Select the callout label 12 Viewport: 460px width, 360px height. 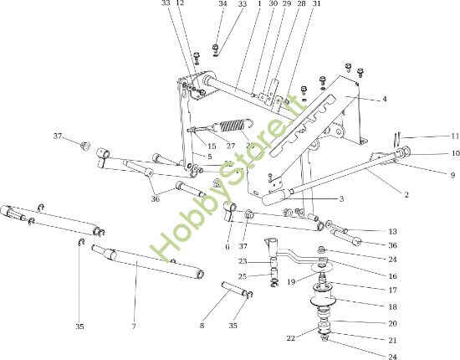coord(181,4)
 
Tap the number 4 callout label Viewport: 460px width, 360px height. coord(384,100)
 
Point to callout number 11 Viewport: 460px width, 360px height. coord(432,136)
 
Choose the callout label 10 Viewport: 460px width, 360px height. coord(432,153)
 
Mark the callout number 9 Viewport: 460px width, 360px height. coord(429,175)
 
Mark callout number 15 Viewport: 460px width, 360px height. coord(212,146)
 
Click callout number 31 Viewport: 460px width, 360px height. coord(293,4)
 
